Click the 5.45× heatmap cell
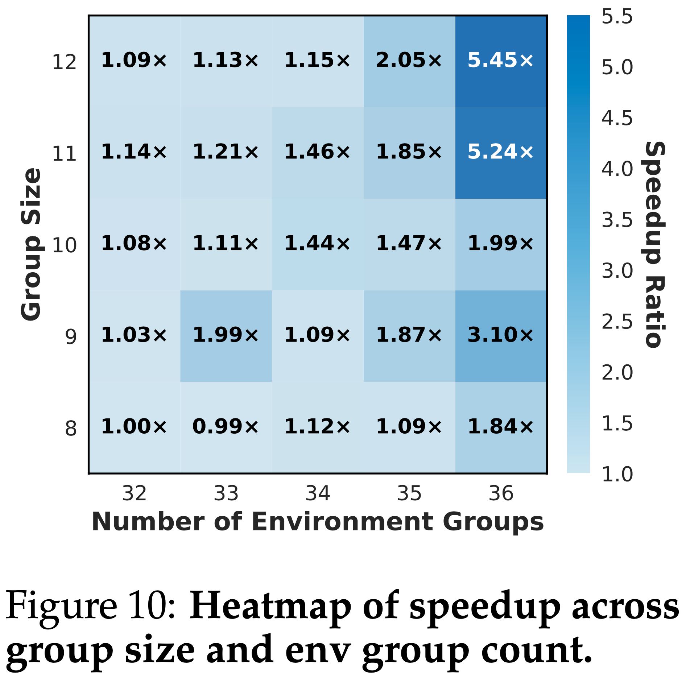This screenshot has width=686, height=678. pyautogui.click(x=501, y=61)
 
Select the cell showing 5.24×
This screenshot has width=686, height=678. pyautogui.click(x=501, y=153)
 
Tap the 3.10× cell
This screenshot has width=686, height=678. pyautogui.click(x=501, y=336)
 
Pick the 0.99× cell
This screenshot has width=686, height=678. pyautogui.click(x=226, y=427)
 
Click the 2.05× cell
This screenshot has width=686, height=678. pyautogui.click(x=409, y=61)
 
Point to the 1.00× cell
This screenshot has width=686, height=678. pyautogui.click(x=135, y=427)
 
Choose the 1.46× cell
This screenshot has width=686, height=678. pyautogui.click(x=318, y=153)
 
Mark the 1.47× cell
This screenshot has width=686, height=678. pyautogui.click(x=409, y=244)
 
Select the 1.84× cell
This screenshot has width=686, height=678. pyautogui.click(x=501, y=427)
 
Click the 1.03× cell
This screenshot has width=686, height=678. pyautogui.click(x=135, y=336)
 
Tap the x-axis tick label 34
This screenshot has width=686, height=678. pyautogui.click(x=318, y=493)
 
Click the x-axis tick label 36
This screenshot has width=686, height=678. pyautogui.click(x=501, y=493)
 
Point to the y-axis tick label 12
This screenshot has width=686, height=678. pyautogui.click(x=65, y=62)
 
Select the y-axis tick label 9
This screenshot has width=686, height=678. pyautogui.click(x=71, y=336)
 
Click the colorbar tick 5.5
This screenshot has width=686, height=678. pyautogui.click(x=617, y=17)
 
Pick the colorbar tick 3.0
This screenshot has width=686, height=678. pyautogui.click(x=617, y=271)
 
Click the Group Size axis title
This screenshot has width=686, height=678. pyautogui.click(x=31, y=244)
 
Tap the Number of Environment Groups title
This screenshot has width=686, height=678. pyautogui.click(x=318, y=522)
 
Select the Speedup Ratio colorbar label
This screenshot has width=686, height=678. pyautogui.click(x=655, y=244)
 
